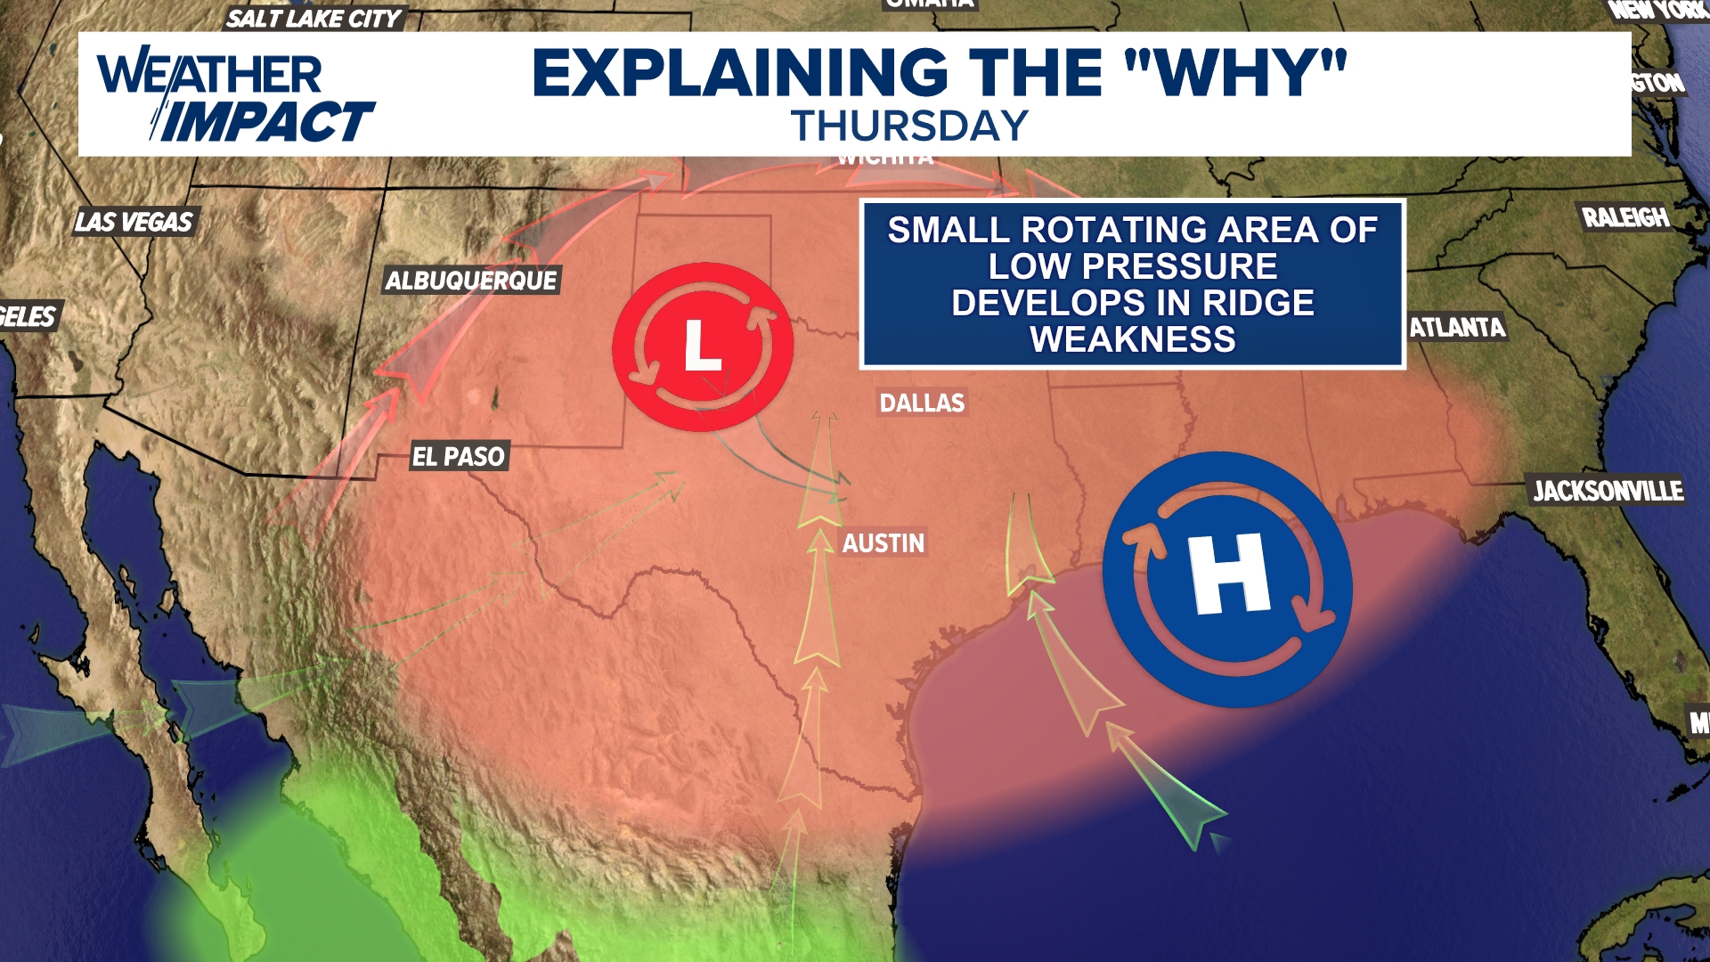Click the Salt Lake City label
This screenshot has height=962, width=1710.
coord(313,19)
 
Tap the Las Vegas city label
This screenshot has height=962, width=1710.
coord(134,222)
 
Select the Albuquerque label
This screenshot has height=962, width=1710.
coord(471,281)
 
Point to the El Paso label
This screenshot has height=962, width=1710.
coord(458,457)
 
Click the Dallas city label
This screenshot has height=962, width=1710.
coord(922,404)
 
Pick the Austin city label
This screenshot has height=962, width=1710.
coord(883,543)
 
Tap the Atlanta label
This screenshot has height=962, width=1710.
coord(1457,328)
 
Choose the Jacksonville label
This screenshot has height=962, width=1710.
coord(1608,491)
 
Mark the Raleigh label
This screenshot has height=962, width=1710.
coord(1625,217)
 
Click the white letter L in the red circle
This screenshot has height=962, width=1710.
coord(702,346)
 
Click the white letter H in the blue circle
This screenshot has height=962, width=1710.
coord(1230,575)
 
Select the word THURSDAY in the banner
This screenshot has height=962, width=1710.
coord(909,126)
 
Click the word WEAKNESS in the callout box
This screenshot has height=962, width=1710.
coord(1133,339)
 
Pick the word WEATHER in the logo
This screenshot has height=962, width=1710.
coord(210,73)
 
